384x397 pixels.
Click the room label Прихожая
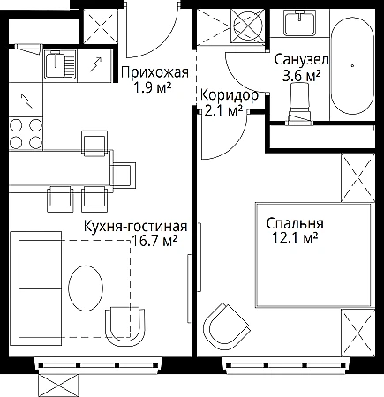pyautogui.click(x=154, y=72)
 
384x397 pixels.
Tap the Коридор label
pyautogui.click(x=230, y=95)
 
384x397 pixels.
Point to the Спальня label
pyautogui.click(x=295, y=223)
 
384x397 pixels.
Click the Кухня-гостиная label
pyautogui.click(x=136, y=227)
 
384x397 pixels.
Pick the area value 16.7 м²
pyautogui.click(x=154, y=241)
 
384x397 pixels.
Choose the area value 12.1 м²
pyautogui.click(x=295, y=237)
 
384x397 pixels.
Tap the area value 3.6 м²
pyautogui.click(x=301, y=76)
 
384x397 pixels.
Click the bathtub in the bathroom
pyautogui.click(x=352, y=65)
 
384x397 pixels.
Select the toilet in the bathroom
pyautogui.click(x=299, y=104)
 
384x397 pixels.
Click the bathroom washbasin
pyautogui.click(x=299, y=21)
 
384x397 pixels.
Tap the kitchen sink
pyautogui.click(x=60, y=64)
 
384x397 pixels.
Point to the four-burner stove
pyautogui.click(x=26, y=134)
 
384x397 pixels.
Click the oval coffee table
pyautogui.click(x=86, y=288)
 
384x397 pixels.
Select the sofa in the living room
pyautogui.click(x=35, y=288)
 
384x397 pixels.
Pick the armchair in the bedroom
pyautogui.click(x=226, y=326)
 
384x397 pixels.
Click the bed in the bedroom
pyautogui.click(x=314, y=255)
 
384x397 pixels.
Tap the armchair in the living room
pyautogui.click(x=125, y=327)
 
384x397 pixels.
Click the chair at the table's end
pyautogui.click(x=123, y=176)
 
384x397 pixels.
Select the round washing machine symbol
pyautogui.click(x=246, y=26)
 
